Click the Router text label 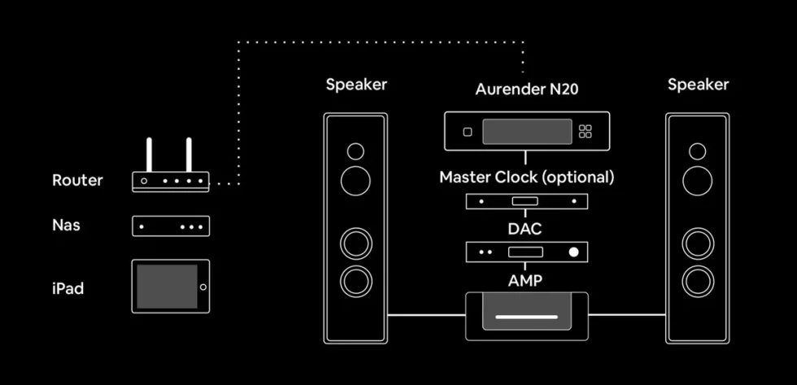tap(77, 180)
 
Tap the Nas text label tap(66, 225)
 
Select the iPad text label tap(68, 288)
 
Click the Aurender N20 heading tap(527, 89)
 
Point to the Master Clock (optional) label tap(527, 177)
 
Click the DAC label tap(525, 229)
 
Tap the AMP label tap(525, 281)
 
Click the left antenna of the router tap(149, 155)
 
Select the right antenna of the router tap(189, 155)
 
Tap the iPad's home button tap(203, 287)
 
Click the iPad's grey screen tap(167, 287)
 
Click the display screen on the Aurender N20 tap(527, 132)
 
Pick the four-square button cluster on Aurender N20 tap(586, 132)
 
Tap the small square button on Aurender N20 tap(468, 132)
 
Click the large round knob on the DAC tap(574, 252)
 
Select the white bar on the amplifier tap(527, 318)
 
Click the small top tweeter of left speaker tap(356, 151)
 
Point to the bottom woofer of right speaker tap(698, 281)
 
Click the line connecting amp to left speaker tap(426, 315)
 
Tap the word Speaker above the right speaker tap(698, 84)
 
